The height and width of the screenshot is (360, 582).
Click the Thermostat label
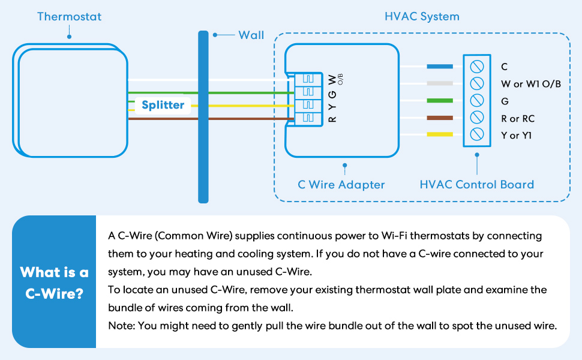tap(69, 16)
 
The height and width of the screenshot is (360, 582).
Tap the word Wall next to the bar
tap(251, 35)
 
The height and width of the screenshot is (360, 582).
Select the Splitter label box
tap(163, 105)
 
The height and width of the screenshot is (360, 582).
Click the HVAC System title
tap(422, 16)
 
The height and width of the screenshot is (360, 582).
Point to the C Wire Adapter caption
tap(341, 184)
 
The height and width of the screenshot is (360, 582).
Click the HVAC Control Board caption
tap(476, 184)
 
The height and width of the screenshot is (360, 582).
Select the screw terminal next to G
tap(477, 100)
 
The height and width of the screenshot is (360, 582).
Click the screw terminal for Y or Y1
tap(477, 134)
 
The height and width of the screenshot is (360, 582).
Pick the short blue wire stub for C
tap(440, 67)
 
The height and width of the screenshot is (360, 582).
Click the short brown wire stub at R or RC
tap(440, 118)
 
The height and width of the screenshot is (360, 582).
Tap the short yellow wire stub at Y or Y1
tap(440, 134)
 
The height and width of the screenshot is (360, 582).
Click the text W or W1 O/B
tap(530, 84)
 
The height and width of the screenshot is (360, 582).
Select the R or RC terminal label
tap(517, 119)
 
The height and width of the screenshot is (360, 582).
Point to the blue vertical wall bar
tap(203, 117)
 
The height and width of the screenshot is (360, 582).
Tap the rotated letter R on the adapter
tap(332, 119)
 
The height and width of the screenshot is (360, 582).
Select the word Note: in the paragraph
tap(122, 326)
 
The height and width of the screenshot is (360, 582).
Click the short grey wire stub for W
tap(440, 83)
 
